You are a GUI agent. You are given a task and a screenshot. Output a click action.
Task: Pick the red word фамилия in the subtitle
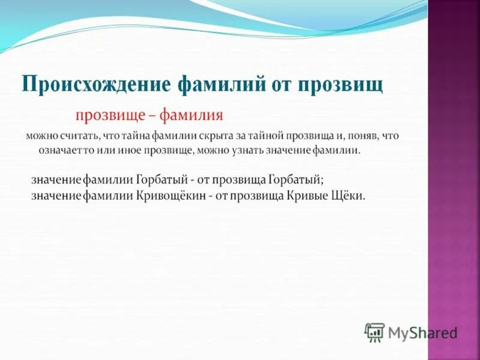[x=191, y=115]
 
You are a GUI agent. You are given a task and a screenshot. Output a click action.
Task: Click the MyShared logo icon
[x=374, y=332]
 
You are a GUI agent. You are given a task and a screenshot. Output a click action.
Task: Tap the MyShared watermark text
[x=422, y=332]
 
